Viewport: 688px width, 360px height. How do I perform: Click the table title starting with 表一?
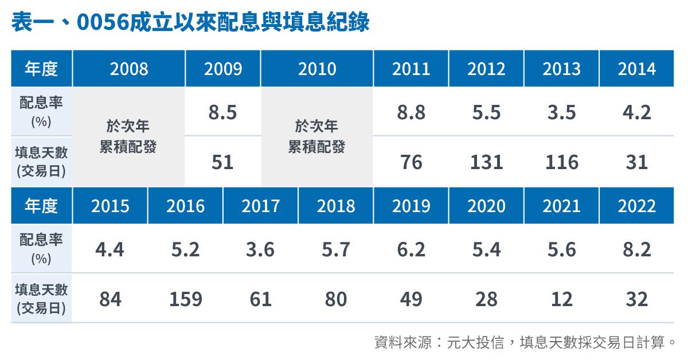pyautogui.click(x=190, y=22)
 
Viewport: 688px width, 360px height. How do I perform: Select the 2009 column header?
pyautogui.click(x=223, y=69)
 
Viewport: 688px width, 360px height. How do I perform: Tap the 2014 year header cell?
pyautogui.click(x=637, y=69)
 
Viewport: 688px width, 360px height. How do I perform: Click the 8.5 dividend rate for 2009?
pyautogui.click(x=222, y=112)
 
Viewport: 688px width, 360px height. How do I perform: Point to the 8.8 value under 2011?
pyautogui.click(x=411, y=112)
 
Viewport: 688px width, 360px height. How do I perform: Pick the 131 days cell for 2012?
pyautogui.click(x=487, y=162)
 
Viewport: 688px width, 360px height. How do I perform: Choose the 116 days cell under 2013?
pyautogui.click(x=562, y=162)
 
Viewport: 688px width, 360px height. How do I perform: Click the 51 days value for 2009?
pyautogui.click(x=222, y=162)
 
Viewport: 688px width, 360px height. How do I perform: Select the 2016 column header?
pyautogui.click(x=186, y=206)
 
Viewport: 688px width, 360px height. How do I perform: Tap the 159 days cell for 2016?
pyautogui.click(x=186, y=299)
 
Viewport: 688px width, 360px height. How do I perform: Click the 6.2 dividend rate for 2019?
pyautogui.click(x=411, y=249)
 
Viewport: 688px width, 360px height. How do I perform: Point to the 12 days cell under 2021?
pyautogui.click(x=562, y=299)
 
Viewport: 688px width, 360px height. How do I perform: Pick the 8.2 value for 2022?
pyautogui.click(x=637, y=249)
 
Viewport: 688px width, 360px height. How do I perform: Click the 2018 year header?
pyautogui.click(x=336, y=206)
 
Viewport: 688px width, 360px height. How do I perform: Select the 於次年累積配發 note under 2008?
pyautogui.click(x=128, y=136)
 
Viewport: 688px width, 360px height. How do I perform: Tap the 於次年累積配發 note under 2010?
pyautogui.click(x=316, y=136)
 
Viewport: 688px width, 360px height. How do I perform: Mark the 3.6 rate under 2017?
pyautogui.click(x=260, y=249)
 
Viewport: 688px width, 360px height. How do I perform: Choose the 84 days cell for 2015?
pyautogui.click(x=110, y=299)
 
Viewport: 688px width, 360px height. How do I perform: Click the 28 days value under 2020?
pyautogui.click(x=487, y=299)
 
